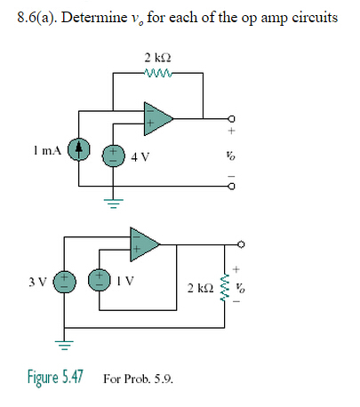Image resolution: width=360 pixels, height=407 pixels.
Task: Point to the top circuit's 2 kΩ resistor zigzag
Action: (x=157, y=75)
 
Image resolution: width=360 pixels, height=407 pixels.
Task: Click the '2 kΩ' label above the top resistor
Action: (x=157, y=59)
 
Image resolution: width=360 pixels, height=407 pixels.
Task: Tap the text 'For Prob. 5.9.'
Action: (x=138, y=379)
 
